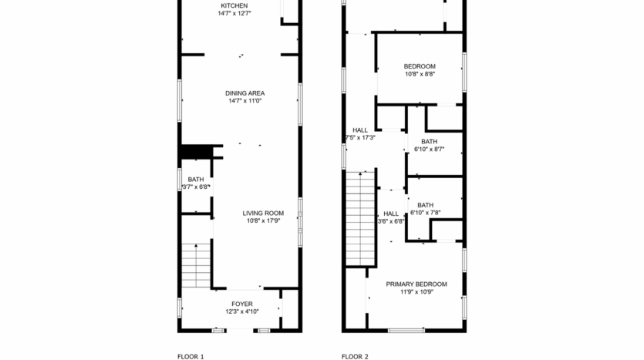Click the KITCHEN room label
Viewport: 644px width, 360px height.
[234, 6]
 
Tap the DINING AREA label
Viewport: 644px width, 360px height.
[244, 93]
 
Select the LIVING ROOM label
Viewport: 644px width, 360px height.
[263, 213]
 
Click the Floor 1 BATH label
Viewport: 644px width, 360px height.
[196, 180]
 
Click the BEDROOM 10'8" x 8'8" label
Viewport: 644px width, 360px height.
[420, 66]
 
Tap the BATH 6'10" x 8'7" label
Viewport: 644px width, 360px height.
[429, 141]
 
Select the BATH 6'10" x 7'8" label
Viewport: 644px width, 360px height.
[425, 205]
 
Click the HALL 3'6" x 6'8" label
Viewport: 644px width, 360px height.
[391, 214]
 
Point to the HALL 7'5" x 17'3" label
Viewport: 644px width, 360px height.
[359, 130]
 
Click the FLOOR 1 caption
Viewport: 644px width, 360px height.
[191, 356]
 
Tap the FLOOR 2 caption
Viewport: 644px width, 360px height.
[355, 356]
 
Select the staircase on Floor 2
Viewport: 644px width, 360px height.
[360, 218]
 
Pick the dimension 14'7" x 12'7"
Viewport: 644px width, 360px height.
[234, 13]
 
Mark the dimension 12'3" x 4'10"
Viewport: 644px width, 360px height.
[241, 312]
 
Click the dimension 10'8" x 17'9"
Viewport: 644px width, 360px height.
[263, 220]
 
